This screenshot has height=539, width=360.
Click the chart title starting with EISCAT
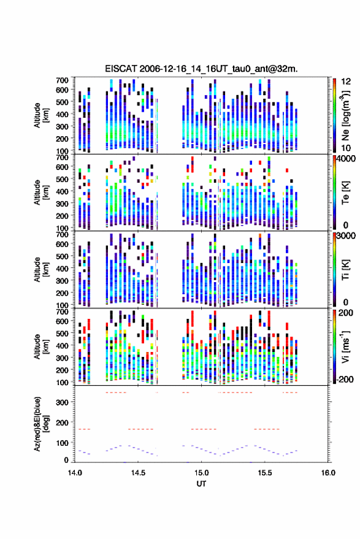[x=202, y=69]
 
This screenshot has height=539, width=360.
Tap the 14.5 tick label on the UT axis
[x=138, y=473]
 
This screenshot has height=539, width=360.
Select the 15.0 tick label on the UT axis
[x=201, y=473]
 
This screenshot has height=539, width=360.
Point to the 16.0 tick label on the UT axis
[x=328, y=473]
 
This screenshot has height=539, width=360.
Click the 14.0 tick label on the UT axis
[x=75, y=473]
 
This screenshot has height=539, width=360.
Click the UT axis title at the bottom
[x=201, y=484]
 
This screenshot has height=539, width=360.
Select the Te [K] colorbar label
[x=345, y=193]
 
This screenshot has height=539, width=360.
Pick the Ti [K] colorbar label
[x=345, y=270]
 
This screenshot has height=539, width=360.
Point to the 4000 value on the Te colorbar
[x=346, y=159]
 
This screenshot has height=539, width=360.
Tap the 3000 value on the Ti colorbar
[x=346, y=236]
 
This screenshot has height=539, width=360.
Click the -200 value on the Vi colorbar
[x=345, y=379]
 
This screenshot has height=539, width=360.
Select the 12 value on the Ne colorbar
[x=346, y=82]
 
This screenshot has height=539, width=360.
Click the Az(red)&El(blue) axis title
[x=42, y=424]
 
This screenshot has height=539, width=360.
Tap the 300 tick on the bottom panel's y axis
[x=62, y=402]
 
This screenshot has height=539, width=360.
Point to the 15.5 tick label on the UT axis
[x=264, y=473]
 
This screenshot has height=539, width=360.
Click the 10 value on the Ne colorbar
[x=346, y=148]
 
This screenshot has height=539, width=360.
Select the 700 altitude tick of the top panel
[x=62, y=80]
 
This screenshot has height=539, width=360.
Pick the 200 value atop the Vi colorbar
[x=345, y=313]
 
